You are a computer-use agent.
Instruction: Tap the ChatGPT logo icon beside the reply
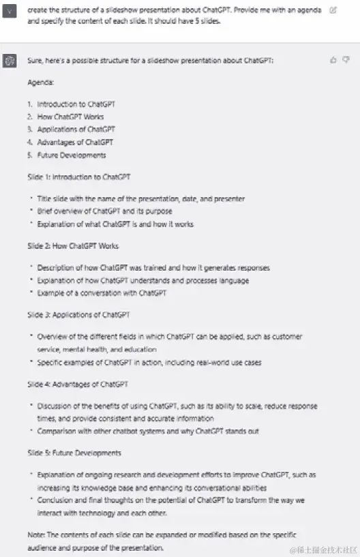(x=10, y=61)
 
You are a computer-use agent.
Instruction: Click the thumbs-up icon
(x=333, y=60)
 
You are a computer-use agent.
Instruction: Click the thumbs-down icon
(x=346, y=60)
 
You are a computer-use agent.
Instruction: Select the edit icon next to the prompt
(x=333, y=10)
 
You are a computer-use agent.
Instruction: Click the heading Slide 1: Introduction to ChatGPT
(x=79, y=177)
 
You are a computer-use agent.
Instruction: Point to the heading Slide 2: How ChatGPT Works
(x=73, y=246)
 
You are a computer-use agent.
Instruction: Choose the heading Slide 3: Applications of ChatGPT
(x=78, y=315)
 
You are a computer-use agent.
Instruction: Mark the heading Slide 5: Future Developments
(x=74, y=453)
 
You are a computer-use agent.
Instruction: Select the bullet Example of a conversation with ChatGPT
(x=102, y=293)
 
